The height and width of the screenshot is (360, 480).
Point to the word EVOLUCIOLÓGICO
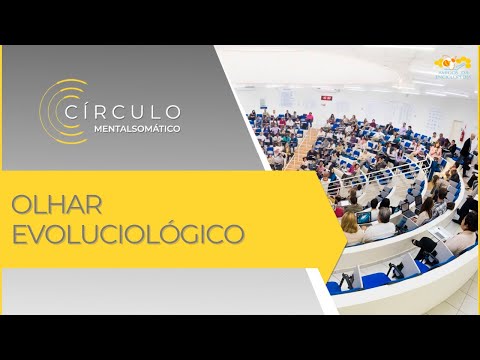(128, 235)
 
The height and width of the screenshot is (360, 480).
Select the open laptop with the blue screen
(364, 217)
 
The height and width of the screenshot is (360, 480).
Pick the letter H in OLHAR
(54, 205)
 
